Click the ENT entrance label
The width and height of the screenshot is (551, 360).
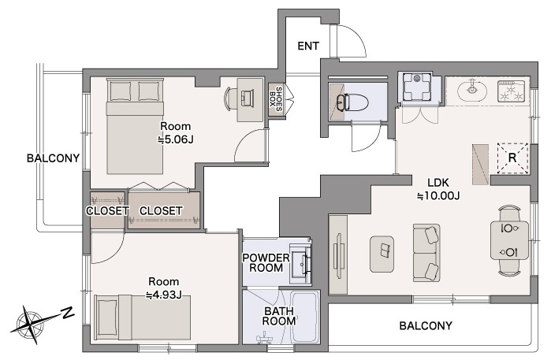tap(308, 46)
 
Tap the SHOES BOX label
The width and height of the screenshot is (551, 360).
tap(276, 99)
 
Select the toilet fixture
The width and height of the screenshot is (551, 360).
tap(353, 102)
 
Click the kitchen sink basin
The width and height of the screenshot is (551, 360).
tap(472, 90)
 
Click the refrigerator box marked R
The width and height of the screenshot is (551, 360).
tap(512, 158)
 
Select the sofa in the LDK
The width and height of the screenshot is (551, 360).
tap(426, 253)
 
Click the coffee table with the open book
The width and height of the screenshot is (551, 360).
tap(382, 254)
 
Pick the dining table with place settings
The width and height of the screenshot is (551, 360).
tap(509, 240)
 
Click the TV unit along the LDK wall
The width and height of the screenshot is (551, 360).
tap(338, 255)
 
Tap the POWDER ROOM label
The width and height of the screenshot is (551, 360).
tap(266, 262)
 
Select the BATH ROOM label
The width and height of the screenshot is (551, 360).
tap(279, 316)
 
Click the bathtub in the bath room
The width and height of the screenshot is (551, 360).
tap(305, 317)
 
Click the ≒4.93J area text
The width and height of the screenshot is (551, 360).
tap(164, 295)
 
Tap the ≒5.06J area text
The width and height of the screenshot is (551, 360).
tap(175, 139)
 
